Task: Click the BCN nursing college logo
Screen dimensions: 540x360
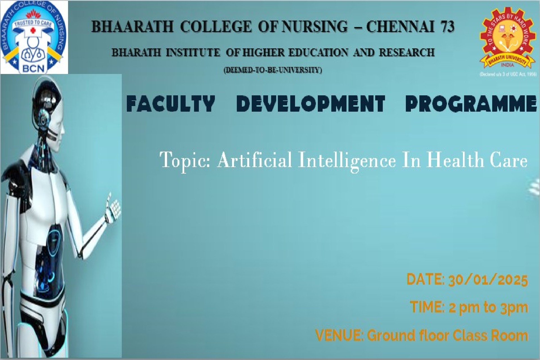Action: [34, 37]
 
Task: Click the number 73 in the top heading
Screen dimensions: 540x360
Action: [444, 27]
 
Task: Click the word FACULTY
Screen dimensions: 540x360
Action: [171, 103]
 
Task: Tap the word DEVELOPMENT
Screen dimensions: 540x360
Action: [310, 103]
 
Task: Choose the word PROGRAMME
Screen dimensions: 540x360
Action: [471, 103]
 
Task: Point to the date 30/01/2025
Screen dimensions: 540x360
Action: [488, 280]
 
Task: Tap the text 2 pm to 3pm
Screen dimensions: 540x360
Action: [489, 307]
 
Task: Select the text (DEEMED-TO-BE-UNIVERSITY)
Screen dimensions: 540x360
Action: [273, 70]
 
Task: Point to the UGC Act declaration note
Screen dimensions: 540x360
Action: [508, 75]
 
